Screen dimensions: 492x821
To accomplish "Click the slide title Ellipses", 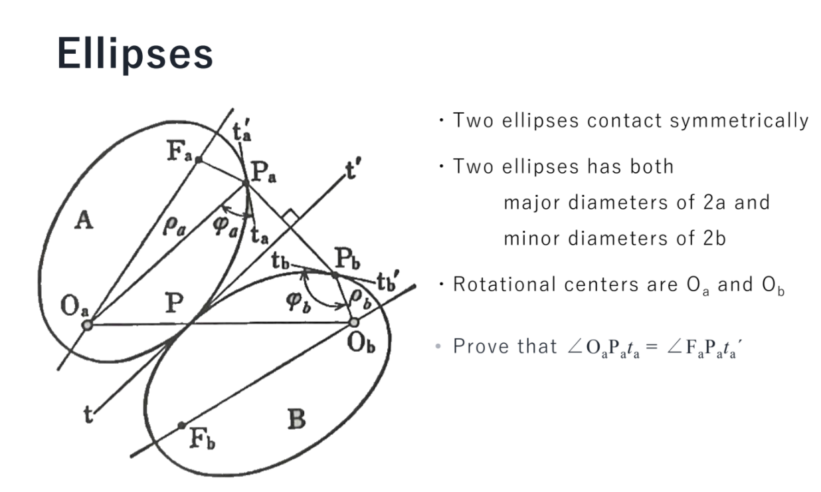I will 135,53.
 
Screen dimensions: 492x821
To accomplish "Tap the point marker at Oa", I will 87,324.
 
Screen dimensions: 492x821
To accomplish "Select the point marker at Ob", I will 354,322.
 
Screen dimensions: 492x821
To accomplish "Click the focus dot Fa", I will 198,160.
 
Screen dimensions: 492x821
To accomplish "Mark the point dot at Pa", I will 246,182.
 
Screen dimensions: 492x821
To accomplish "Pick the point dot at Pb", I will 335,274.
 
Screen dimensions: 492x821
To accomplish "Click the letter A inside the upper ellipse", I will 83,221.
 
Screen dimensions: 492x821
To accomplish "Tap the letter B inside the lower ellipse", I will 296,420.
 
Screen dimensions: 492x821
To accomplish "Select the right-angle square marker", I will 289,217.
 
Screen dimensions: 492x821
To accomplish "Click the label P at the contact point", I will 175,304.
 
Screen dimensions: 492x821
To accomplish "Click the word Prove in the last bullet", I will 479,346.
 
